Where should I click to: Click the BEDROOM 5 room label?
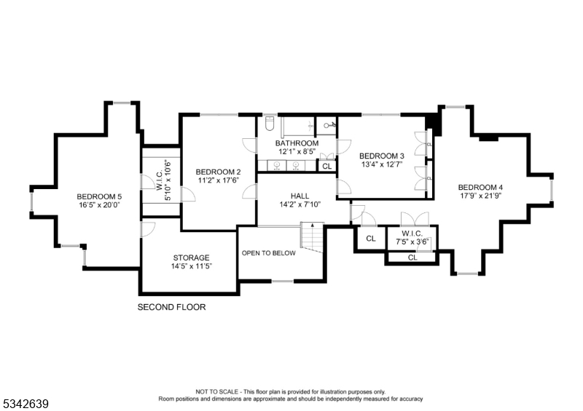click(x=99, y=196)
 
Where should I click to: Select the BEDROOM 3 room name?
click(x=381, y=156)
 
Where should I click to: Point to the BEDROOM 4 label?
click(x=481, y=187)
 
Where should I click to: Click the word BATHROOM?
click(x=297, y=143)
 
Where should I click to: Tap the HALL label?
click(x=300, y=196)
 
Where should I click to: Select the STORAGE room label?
click(x=191, y=258)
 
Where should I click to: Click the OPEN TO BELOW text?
click(x=268, y=253)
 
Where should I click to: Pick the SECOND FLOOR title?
click(x=172, y=307)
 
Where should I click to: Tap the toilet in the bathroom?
click(x=268, y=121)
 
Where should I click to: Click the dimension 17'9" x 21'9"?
click(x=481, y=196)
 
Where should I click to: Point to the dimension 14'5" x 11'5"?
click(x=191, y=267)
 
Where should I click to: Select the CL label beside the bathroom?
click(x=326, y=167)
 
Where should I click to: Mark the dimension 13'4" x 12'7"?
click(x=381, y=164)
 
